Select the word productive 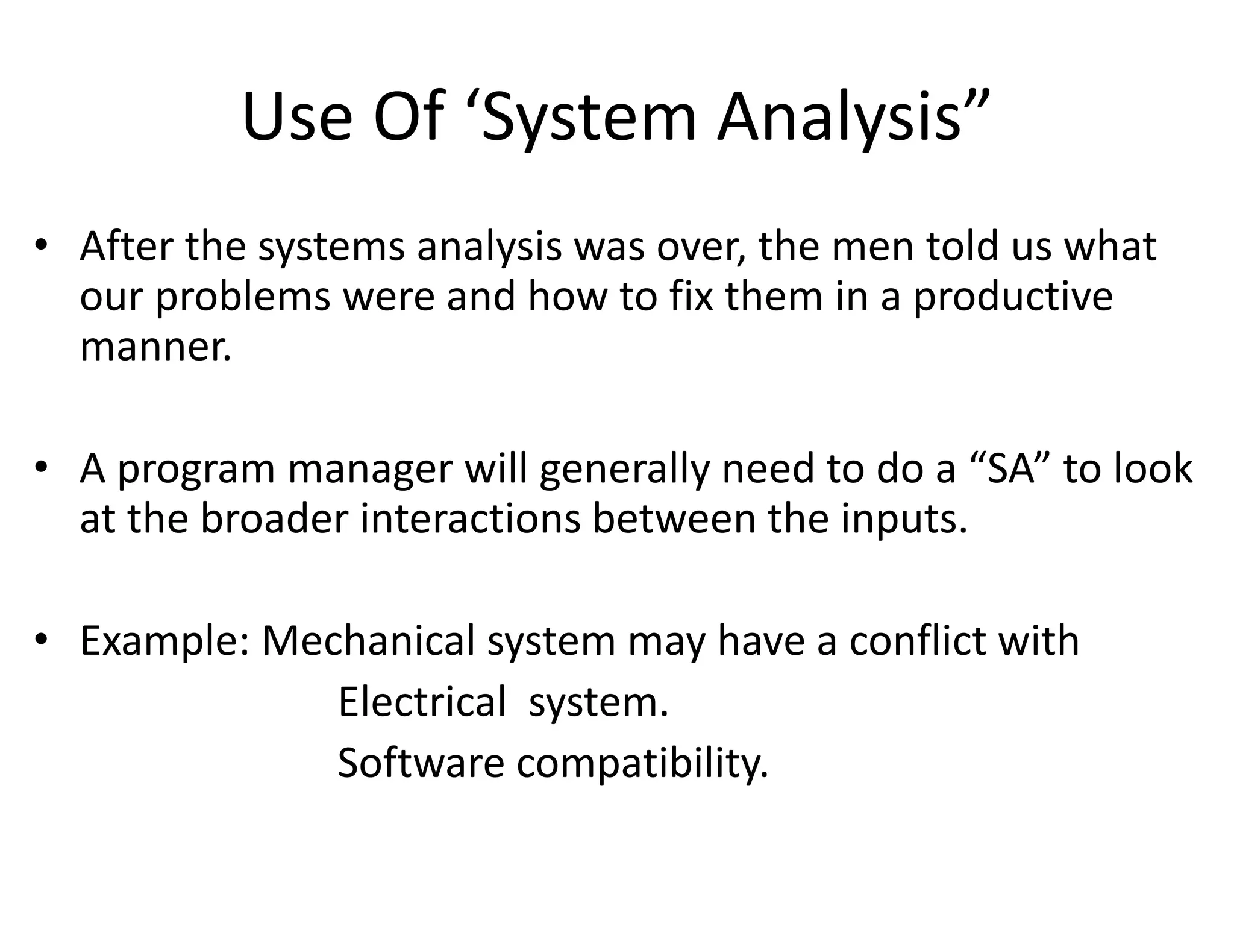pyautogui.click(x=1013, y=298)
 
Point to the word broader pyautogui.click(x=274, y=518)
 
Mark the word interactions pyautogui.click(x=470, y=518)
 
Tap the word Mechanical pyautogui.click(x=368, y=640)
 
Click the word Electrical pyautogui.click(x=422, y=702)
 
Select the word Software pyautogui.click(x=421, y=763)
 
